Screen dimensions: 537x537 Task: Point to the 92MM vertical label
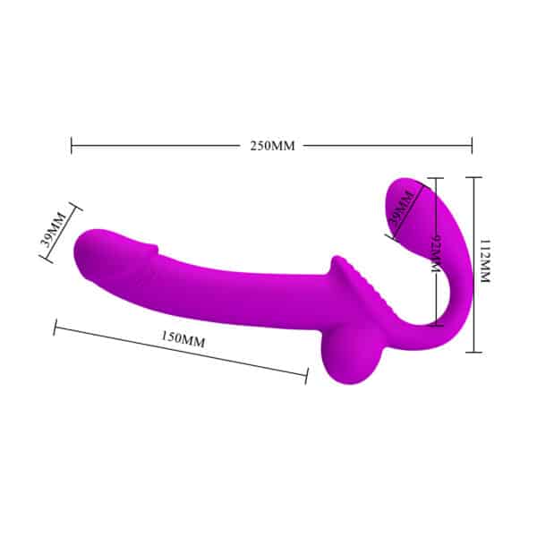coord(437,254)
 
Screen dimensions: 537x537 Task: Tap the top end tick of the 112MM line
coord(473,177)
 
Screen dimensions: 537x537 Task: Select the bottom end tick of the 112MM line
coord(473,351)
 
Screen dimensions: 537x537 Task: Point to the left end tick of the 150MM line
coord(55,328)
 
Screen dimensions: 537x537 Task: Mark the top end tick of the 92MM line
coord(434,177)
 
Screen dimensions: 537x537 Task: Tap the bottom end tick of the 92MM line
coord(434,323)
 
